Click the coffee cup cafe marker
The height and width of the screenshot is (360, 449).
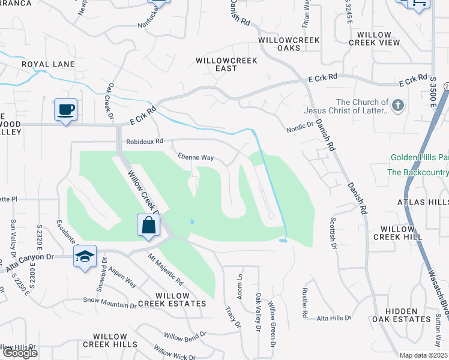point(65,110)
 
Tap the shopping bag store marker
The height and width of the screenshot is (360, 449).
point(149,226)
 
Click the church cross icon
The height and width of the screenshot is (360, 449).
point(397,106)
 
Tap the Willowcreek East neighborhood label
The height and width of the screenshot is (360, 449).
point(226,65)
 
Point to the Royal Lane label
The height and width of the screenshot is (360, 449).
point(48,64)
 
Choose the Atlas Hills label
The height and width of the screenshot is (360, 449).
point(423,202)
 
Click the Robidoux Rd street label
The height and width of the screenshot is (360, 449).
point(145,142)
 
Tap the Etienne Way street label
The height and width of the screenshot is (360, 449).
point(196,157)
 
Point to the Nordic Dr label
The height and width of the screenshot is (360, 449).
point(300,127)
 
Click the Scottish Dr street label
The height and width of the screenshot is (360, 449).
point(332,229)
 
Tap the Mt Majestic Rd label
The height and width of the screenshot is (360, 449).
point(166,269)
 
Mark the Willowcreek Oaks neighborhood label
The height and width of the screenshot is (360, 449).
point(288,44)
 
